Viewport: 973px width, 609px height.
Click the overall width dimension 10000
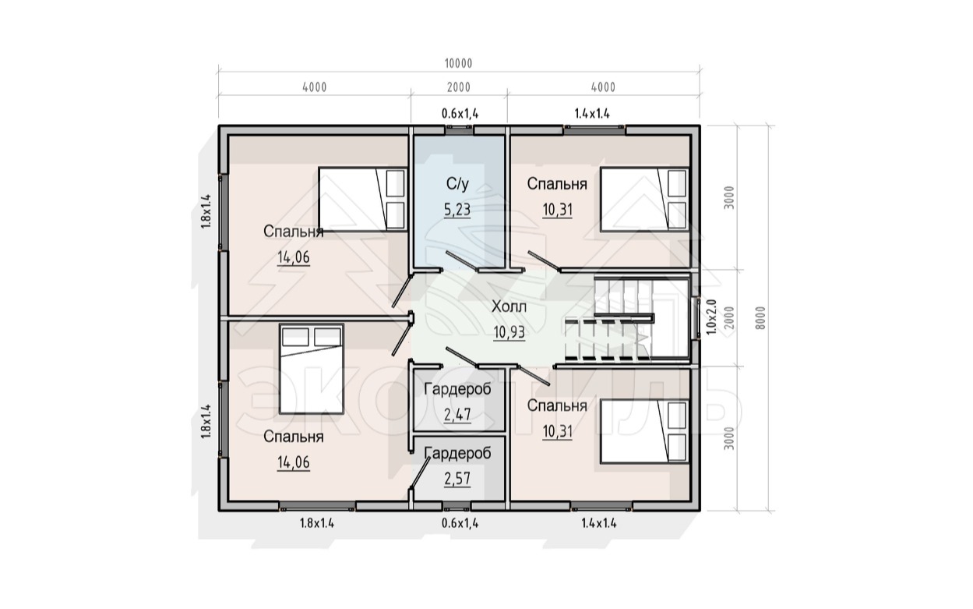(458, 63)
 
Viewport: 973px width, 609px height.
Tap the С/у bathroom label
(457, 184)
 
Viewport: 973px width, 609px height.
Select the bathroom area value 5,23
(457, 210)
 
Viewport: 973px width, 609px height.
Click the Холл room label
(509, 307)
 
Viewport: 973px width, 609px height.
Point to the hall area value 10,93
(509, 332)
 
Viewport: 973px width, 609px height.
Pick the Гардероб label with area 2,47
(457, 389)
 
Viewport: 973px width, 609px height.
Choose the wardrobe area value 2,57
(457, 479)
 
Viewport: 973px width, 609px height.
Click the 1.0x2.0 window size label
(711, 317)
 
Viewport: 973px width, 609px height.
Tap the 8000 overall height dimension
(760, 318)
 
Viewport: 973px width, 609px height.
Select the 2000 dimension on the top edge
(459, 87)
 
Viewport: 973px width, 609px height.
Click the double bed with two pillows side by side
(312, 369)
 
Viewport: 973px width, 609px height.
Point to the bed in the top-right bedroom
(644, 199)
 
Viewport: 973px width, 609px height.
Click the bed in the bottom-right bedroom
(644, 432)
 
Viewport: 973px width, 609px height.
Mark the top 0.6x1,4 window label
(460, 114)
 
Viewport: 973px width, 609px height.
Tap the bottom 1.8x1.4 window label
(316, 523)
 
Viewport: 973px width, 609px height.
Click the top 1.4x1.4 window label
(592, 114)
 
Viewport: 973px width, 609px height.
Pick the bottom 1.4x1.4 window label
(599, 523)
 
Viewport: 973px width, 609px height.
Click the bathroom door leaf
(462, 261)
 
